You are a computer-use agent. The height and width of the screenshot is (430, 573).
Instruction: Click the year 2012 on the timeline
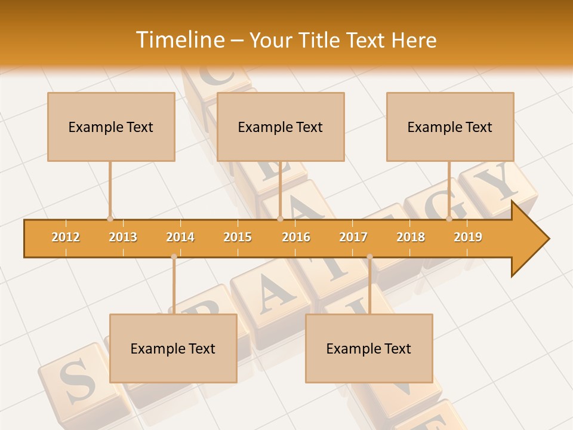(66, 237)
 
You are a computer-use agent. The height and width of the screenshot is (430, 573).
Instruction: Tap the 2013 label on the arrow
(123, 237)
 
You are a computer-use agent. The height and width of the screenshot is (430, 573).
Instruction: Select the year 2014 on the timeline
(180, 237)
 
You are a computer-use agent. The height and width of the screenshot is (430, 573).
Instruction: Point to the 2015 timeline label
(238, 237)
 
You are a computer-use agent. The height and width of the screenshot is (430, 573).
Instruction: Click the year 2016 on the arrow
(296, 237)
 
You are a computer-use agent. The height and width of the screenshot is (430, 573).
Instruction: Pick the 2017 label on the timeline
(353, 237)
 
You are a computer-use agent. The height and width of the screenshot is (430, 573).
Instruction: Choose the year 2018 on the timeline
(411, 237)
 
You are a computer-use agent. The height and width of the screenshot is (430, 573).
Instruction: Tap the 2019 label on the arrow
(468, 237)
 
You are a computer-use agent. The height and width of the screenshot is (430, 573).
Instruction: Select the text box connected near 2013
(111, 127)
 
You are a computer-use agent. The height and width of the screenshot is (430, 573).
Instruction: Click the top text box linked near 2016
(281, 127)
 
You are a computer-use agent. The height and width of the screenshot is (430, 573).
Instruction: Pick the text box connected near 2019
(450, 127)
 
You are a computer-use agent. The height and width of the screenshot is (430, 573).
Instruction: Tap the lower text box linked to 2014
(173, 348)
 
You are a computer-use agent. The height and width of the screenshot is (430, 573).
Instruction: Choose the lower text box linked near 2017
(369, 348)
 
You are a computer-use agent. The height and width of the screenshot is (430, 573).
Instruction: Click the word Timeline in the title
(180, 40)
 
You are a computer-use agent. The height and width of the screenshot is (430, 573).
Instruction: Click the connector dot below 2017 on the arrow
(369, 257)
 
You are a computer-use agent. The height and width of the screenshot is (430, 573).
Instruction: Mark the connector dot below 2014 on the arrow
(174, 257)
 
